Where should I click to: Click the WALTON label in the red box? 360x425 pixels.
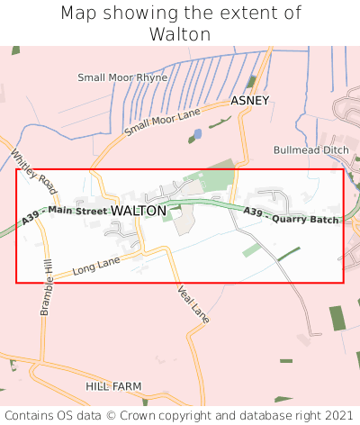click(139, 211)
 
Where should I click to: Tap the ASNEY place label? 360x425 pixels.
click(249, 101)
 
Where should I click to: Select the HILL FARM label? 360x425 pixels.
click(113, 385)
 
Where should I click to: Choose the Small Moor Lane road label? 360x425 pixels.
click(162, 118)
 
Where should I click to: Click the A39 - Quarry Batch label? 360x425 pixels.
click(291, 216)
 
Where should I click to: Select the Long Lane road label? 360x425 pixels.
click(96, 266)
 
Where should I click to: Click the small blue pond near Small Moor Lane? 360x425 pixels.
click(196, 134)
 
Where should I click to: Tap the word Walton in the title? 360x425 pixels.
click(180, 34)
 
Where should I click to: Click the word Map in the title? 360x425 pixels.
click(79, 14)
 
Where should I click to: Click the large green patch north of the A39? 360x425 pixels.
click(216, 176)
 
